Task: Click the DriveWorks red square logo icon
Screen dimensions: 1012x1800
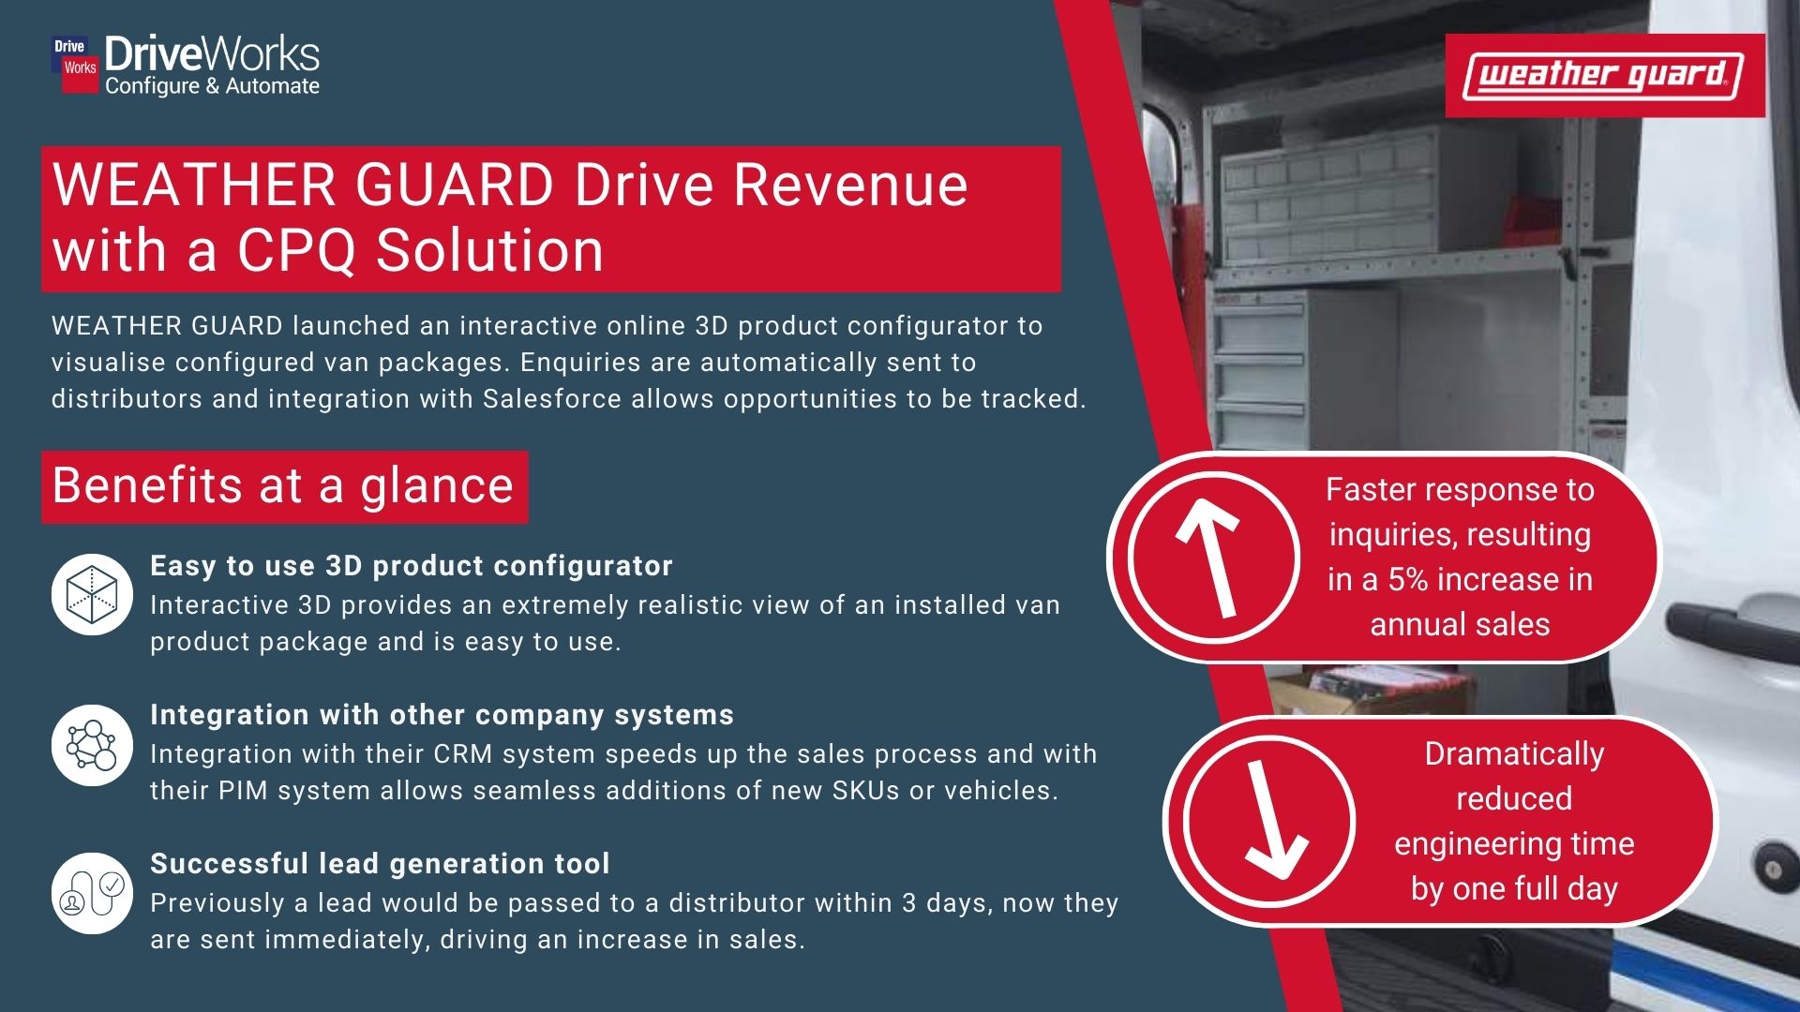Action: pos(75,65)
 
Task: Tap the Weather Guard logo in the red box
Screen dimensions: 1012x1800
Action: pos(1604,76)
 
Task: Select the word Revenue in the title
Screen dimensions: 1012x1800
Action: pos(849,185)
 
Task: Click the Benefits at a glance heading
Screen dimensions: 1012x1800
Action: pos(283,486)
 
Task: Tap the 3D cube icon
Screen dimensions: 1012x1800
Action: pos(92,594)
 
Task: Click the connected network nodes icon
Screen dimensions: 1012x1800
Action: pos(92,745)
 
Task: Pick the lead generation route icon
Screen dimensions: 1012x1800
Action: pos(92,893)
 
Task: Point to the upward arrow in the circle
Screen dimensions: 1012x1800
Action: pos(1211,557)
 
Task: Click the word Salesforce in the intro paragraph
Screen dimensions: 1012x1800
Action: pos(552,399)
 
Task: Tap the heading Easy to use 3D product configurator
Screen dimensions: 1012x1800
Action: pos(412,566)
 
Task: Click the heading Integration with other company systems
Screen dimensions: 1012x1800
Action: pos(442,715)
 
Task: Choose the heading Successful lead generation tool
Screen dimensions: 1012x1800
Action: pos(380,864)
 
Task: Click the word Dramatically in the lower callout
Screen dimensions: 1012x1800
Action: pos(1514,754)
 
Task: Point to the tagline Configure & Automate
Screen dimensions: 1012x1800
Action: pos(212,86)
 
